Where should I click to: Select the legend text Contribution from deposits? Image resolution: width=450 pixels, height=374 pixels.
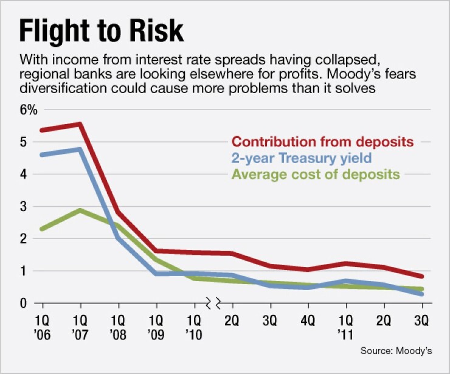coord(323,142)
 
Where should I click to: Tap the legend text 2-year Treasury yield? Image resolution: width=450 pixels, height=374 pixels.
coord(302,158)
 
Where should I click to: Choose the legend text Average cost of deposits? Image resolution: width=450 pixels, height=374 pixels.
coord(316,175)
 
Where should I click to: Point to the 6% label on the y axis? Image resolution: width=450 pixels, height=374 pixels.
coord(29,110)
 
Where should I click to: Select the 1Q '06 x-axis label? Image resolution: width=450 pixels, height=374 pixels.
coord(41,327)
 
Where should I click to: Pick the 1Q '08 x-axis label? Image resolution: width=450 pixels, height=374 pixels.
coord(119,327)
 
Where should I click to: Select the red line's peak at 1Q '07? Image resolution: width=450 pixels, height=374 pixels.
coord(80,124)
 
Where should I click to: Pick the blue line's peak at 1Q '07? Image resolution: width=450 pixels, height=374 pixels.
coord(80,149)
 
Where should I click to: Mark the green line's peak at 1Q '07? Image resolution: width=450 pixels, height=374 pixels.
coord(80,210)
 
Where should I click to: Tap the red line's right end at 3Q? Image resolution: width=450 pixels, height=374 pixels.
coord(421,276)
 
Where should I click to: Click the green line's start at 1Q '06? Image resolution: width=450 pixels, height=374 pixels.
coord(41,229)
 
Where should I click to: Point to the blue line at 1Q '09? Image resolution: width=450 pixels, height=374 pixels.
coord(156,274)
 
